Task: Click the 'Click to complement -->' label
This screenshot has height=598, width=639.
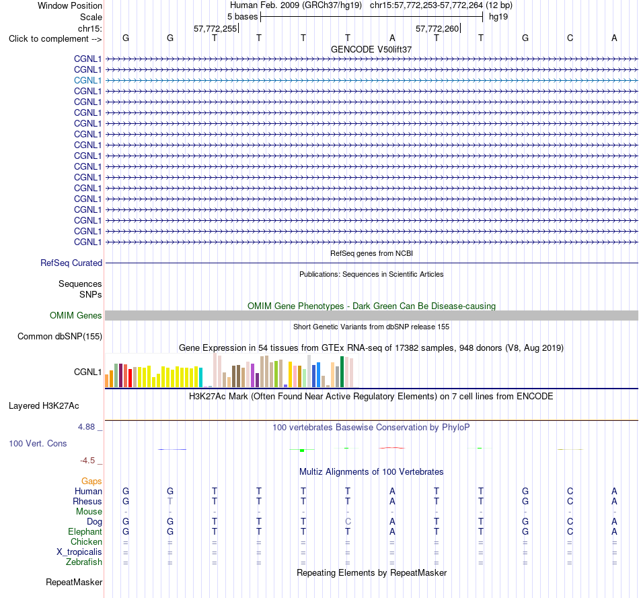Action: pos(55,39)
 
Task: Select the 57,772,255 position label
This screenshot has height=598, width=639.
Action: pos(215,28)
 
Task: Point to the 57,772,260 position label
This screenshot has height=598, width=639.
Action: pos(437,28)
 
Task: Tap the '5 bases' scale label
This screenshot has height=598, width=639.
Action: pos(242,17)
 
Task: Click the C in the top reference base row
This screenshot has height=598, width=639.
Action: pos(570,38)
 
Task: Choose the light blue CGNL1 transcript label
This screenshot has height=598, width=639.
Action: pos(87,80)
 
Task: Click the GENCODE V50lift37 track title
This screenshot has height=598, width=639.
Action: pos(371,49)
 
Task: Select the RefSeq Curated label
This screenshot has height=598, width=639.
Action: pos(71,263)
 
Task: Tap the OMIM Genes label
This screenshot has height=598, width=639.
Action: pos(76,315)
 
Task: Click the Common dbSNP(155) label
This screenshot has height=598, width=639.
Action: pos(60,337)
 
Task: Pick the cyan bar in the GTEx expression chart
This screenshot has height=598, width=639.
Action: pos(200,377)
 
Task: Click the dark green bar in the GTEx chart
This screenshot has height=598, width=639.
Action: pos(342,372)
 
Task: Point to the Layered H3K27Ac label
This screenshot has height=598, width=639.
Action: pos(44,406)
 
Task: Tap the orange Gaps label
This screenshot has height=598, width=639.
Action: pos(91,481)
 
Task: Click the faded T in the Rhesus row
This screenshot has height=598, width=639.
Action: pos(170,501)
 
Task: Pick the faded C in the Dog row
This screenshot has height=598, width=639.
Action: pos(348,521)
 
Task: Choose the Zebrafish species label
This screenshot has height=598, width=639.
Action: pos(84,562)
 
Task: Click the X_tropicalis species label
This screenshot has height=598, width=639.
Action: pos(79,552)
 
